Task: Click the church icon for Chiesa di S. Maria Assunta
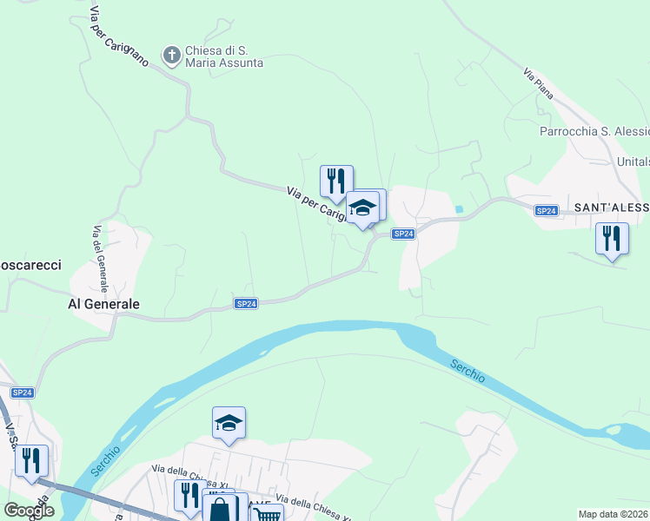172,56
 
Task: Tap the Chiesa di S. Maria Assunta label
223,56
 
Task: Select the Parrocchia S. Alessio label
594,131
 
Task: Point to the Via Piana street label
538,83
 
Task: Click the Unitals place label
632,162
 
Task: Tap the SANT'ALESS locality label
611,208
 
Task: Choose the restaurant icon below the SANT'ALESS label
612,237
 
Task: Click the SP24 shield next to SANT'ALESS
546,211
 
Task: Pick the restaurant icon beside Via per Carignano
336,181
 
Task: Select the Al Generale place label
103,305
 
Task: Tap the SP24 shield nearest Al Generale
247,303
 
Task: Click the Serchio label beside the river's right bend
468,373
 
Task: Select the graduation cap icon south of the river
229,423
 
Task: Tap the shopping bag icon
220,509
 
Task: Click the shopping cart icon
268,515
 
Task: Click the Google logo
29,511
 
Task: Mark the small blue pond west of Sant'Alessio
458,209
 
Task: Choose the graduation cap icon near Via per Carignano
362,208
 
